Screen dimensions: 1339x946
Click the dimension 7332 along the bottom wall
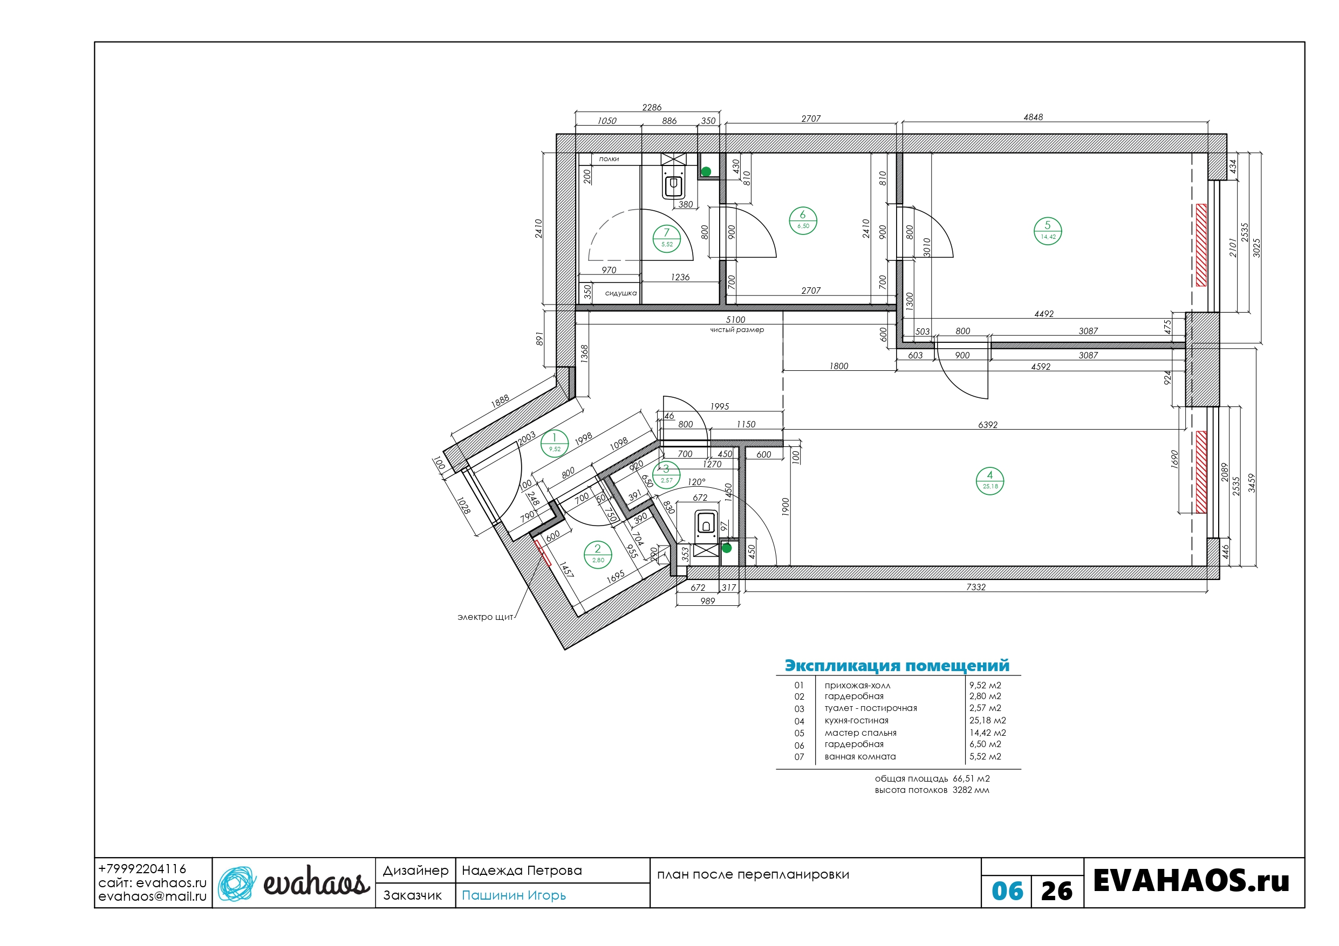976,587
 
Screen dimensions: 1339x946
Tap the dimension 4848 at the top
1033,117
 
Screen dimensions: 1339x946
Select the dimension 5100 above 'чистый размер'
735,320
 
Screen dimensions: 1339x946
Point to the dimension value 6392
987,425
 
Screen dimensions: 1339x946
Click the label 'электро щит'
485,617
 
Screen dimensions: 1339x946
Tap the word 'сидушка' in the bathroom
620,293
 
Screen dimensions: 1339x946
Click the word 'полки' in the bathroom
609,159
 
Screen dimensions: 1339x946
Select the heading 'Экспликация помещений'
897,666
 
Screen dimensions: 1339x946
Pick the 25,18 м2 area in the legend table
987,721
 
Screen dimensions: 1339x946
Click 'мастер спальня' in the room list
860,733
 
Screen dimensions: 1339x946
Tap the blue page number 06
1007,890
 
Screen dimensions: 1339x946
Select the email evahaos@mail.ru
152,896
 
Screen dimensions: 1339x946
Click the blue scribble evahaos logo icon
237,883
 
